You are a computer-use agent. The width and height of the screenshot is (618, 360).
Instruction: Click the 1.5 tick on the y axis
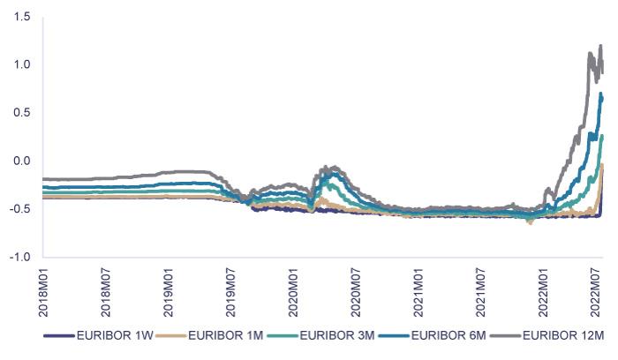(x=22, y=17)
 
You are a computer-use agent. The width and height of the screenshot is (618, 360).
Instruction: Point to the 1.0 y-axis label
(x=22, y=64)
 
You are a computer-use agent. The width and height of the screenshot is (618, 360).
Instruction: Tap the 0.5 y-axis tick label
(x=22, y=113)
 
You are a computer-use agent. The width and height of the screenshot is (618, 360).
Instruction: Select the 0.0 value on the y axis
(x=22, y=161)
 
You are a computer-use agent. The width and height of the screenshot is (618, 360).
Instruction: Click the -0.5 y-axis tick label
(x=20, y=209)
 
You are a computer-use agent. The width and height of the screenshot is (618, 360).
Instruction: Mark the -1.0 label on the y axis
(x=20, y=257)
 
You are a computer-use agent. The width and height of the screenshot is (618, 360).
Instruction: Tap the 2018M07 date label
(x=105, y=292)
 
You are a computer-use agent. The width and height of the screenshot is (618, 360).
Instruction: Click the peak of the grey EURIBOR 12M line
(x=601, y=46)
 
